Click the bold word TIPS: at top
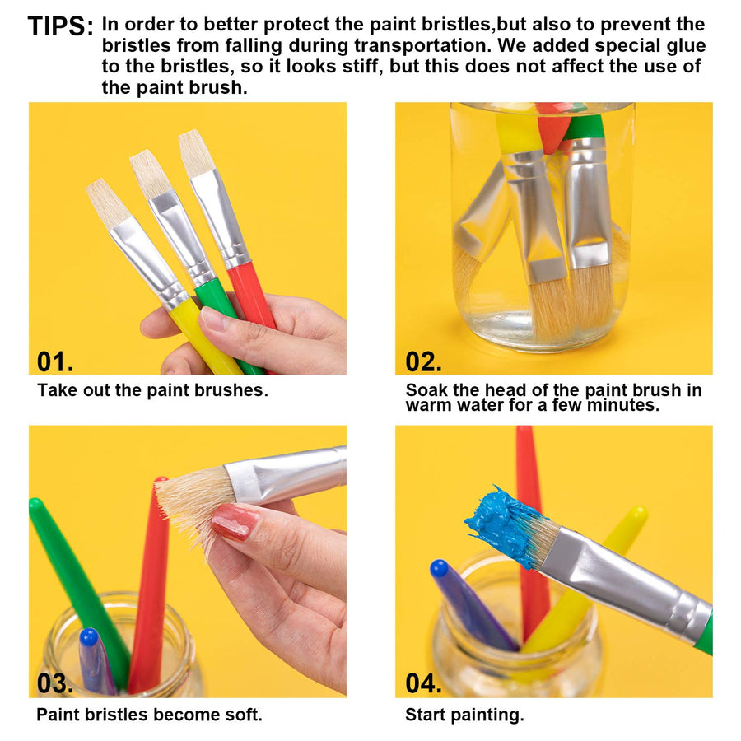(x=60, y=26)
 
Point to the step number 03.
(x=55, y=683)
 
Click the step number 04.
(x=423, y=683)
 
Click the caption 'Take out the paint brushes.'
(x=152, y=390)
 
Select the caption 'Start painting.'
(x=464, y=715)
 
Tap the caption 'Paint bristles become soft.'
(x=149, y=715)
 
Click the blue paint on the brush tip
(x=502, y=523)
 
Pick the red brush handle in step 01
(x=250, y=296)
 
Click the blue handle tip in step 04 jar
(x=440, y=568)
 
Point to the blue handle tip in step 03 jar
(x=89, y=637)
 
